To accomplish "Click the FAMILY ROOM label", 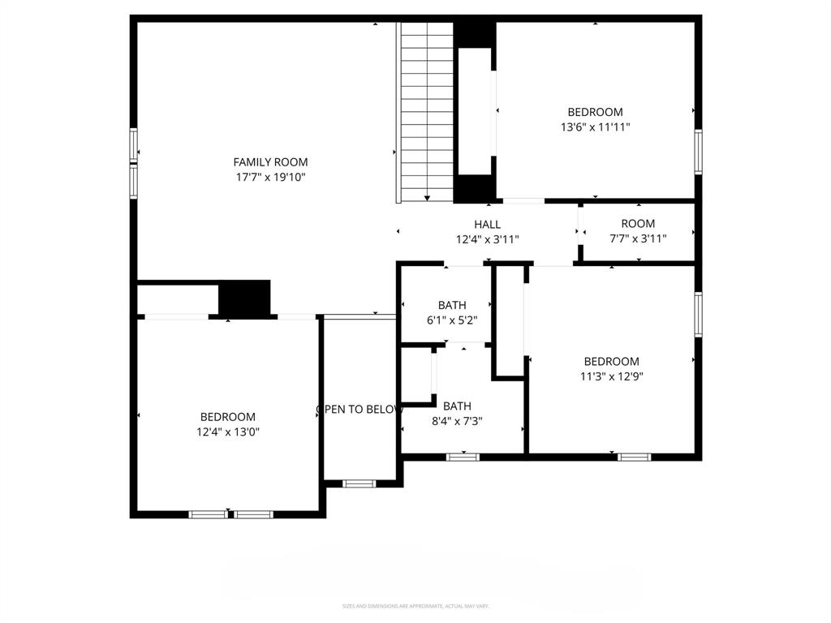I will pos(270,162).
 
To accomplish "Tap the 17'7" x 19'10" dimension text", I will pos(270,177).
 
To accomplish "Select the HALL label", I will pos(487,225).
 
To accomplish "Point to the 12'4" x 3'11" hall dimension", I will pos(487,239).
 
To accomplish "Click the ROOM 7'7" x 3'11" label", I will pos(638,231).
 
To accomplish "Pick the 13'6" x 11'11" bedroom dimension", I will pos(595,127).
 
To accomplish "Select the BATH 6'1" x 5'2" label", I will pos(452,312).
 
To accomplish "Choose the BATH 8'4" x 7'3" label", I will pos(457,413).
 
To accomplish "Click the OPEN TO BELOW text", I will pos(360,410).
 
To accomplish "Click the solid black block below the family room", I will pos(244,298).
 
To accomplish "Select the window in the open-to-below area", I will pos(359,483).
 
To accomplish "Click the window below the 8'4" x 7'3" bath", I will pos(463,457).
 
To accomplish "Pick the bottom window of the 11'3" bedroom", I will pos(634,457).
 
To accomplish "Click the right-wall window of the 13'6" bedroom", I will pos(698,152).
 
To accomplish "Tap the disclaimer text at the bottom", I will pos(415,606).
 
